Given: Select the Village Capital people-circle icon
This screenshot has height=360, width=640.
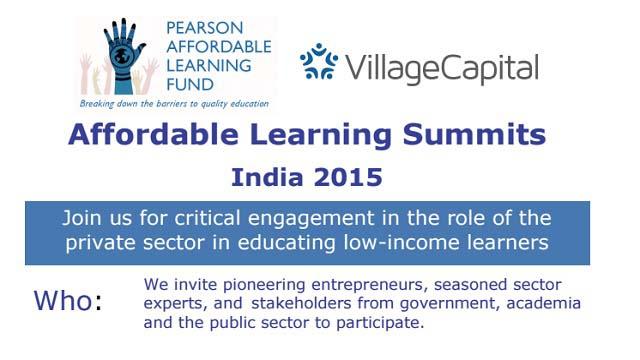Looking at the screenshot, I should [x=320, y=63].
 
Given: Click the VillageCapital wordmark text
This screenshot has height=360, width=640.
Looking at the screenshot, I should [x=442, y=68].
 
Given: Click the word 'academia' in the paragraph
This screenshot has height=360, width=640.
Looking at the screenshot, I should [x=540, y=303].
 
